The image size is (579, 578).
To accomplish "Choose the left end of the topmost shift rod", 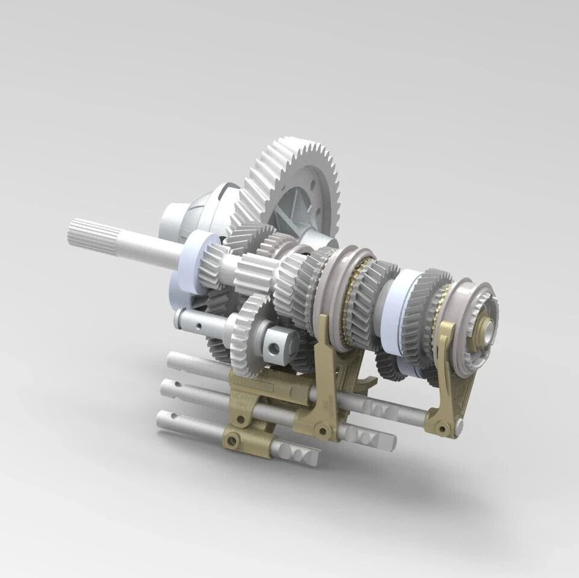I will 175,362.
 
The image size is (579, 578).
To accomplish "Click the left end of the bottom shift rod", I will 165,419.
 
